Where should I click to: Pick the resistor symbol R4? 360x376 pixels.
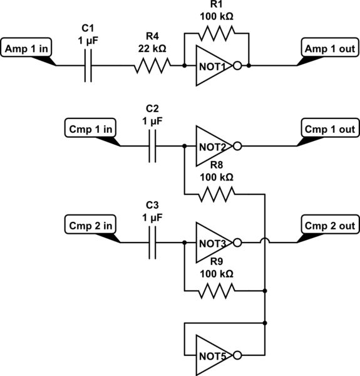coord(152,65)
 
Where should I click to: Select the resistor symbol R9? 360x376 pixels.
coord(217,290)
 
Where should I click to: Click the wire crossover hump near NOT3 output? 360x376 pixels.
coord(266,241)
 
